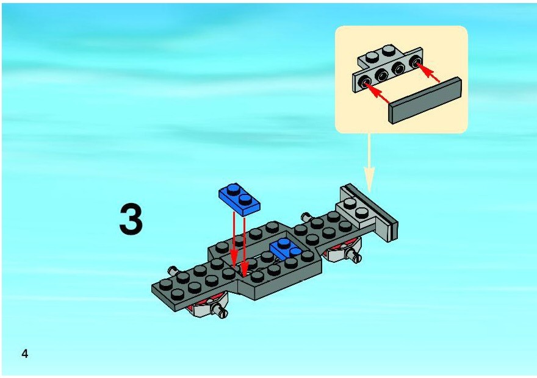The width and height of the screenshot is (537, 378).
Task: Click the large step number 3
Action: [131, 219]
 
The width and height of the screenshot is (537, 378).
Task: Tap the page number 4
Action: [24, 354]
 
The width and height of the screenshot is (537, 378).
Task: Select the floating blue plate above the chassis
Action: [239, 199]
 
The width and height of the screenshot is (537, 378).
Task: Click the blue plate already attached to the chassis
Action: [286, 249]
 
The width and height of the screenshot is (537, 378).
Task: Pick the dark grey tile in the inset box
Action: [425, 100]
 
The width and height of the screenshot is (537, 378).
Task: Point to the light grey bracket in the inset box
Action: [387, 68]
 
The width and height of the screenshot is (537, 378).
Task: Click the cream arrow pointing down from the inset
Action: [369, 163]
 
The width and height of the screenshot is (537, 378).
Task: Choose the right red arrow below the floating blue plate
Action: [244, 246]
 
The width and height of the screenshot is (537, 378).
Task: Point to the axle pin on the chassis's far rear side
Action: [307, 217]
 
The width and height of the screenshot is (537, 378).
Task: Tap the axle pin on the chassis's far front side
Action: [173, 271]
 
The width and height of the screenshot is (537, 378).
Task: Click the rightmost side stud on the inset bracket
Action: [416, 63]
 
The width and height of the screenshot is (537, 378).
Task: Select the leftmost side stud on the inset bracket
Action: [364, 82]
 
